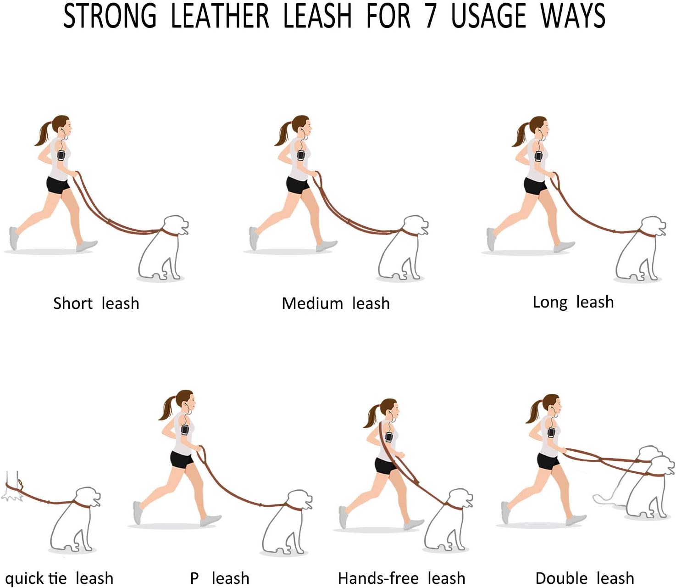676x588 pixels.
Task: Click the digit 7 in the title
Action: point(430,16)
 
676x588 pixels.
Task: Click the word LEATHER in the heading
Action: point(220,16)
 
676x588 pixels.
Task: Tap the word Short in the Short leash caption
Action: point(72,303)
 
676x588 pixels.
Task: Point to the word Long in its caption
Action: point(550,302)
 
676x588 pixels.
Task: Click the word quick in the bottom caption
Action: point(23,578)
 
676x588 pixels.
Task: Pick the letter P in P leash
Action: point(194,578)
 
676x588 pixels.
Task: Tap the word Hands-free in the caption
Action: point(378,578)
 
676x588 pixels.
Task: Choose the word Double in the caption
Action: point(561,578)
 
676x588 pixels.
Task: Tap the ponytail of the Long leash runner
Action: point(520,134)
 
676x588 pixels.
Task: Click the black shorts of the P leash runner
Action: point(181,459)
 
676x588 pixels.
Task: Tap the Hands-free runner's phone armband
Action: point(389,437)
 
